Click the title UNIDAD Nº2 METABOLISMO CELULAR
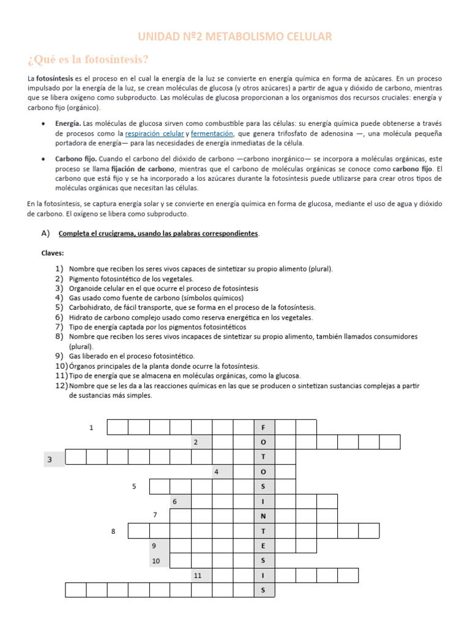point(235,37)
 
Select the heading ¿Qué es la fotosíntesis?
point(88,59)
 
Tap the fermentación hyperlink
point(212,133)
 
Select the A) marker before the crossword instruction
point(45,234)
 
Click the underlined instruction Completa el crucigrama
point(159,234)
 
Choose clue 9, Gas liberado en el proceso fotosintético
point(132,356)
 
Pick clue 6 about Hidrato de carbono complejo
point(190,317)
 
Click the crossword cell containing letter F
point(264,427)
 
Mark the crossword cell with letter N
point(264,516)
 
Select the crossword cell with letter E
point(264,546)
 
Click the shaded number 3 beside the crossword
point(49,459)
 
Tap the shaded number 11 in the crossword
point(197,576)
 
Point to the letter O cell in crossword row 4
point(264,472)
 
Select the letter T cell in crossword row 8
point(264,531)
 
